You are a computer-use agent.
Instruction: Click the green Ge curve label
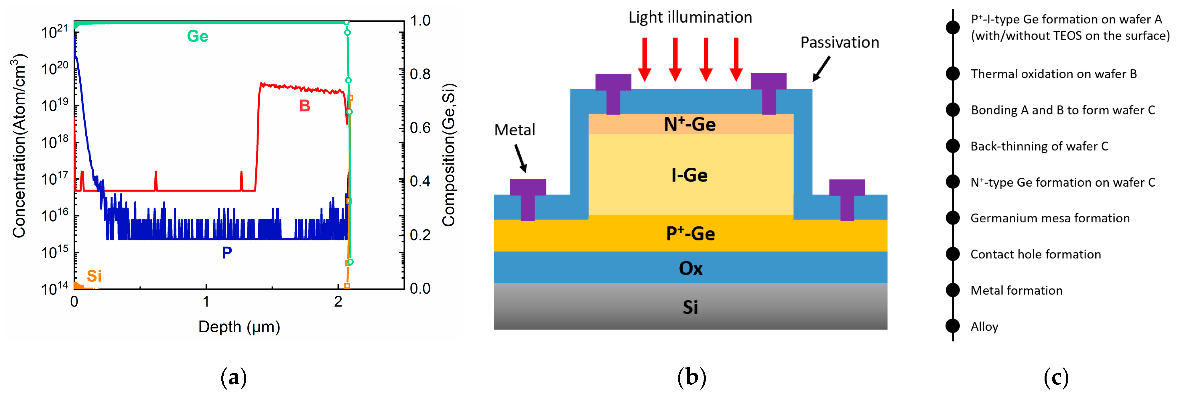(x=197, y=36)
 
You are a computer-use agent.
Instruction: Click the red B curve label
(x=305, y=106)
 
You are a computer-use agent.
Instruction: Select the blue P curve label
(x=227, y=252)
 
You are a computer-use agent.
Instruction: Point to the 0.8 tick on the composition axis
(x=419, y=74)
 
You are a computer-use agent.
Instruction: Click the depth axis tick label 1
(x=206, y=302)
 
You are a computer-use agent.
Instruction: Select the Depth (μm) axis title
(x=239, y=327)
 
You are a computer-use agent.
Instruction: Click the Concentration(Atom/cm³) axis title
(x=19, y=146)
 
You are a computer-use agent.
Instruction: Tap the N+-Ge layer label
(x=690, y=124)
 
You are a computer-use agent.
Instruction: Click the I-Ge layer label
(x=690, y=175)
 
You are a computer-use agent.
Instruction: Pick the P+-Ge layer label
(x=690, y=234)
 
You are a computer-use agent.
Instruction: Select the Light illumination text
(x=690, y=17)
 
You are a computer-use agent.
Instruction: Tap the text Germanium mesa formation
(x=1050, y=218)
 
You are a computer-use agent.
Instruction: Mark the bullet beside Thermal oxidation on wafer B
(x=953, y=74)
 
